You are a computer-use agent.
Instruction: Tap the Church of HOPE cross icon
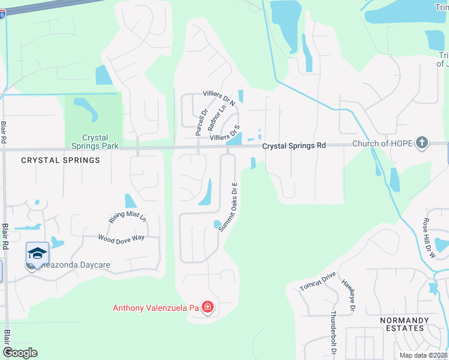pyautogui.click(x=423, y=143)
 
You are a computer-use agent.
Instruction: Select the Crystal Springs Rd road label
pyautogui.click(x=294, y=145)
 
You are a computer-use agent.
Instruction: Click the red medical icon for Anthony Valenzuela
pyautogui.click(x=208, y=308)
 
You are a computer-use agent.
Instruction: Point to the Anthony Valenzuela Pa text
pyautogui.click(x=155, y=308)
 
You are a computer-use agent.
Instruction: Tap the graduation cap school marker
pyautogui.click(x=37, y=253)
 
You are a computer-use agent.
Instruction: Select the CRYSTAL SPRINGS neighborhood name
pyautogui.click(x=60, y=160)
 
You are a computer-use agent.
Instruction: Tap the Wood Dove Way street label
pyautogui.click(x=122, y=238)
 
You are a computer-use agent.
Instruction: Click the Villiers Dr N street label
pyautogui.click(x=219, y=99)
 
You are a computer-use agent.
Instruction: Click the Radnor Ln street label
pyautogui.click(x=216, y=118)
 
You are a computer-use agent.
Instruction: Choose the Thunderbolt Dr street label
pyautogui.click(x=333, y=331)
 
